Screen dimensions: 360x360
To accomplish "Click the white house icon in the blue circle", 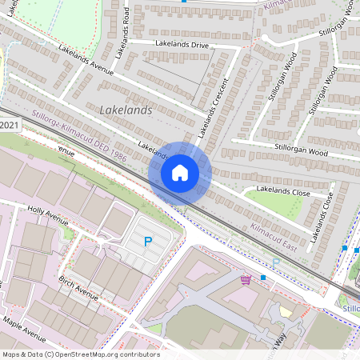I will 180,172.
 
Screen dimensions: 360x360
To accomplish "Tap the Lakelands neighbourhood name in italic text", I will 126,110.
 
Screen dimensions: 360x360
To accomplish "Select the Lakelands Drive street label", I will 182,44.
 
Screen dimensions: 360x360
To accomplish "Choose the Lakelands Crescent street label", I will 214,105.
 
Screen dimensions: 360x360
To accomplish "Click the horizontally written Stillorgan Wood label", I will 302,151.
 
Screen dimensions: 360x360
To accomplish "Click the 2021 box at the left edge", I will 10,126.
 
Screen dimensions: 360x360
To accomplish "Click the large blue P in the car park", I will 146,241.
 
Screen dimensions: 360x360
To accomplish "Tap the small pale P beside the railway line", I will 276,262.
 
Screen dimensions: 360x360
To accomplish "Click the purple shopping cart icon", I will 246,279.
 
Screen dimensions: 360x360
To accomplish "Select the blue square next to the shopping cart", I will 262,278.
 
